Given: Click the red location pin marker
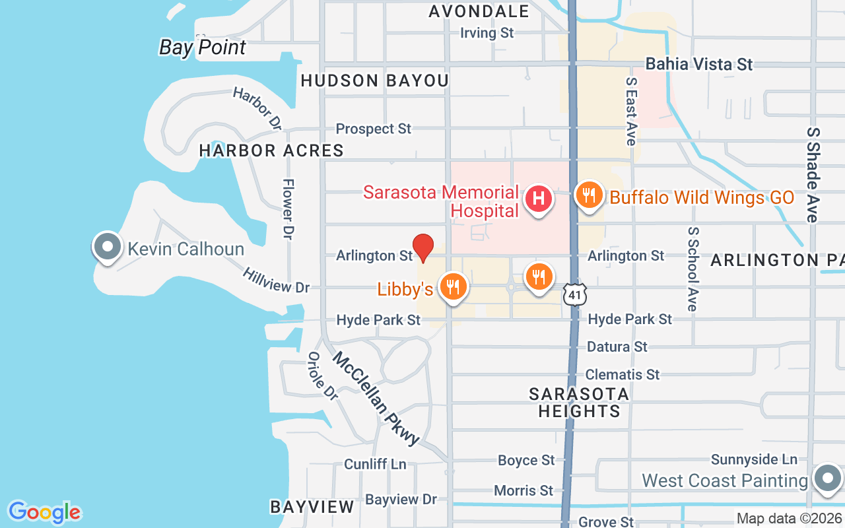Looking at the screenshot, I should click(422, 247).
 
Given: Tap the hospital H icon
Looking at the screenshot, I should click(539, 198).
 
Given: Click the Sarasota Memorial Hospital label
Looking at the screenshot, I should click(441, 202).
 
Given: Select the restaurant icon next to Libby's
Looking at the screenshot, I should click(454, 287).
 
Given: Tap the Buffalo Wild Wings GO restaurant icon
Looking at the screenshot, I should click(588, 195).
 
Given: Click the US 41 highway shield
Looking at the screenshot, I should click(576, 294).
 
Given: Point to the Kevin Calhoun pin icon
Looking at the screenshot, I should click(108, 247).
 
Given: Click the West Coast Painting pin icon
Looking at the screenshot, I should click(827, 479).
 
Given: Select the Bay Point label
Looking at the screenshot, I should click(203, 48).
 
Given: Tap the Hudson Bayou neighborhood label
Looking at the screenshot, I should click(375, 81).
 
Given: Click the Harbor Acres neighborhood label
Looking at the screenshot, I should click(271, 150).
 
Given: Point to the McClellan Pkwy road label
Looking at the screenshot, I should click(376, 399).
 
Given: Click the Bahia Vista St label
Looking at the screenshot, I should click(699, 64).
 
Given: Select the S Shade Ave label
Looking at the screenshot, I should click(812, 174).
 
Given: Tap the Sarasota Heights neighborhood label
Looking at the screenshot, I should click(579, 403).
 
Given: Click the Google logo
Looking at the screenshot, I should click(44, 512).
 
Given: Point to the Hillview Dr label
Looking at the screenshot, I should click(276, 280).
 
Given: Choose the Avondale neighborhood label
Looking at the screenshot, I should click(479, 11).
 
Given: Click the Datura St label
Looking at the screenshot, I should click(617, 346).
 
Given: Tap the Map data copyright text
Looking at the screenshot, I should click(790, 519).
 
